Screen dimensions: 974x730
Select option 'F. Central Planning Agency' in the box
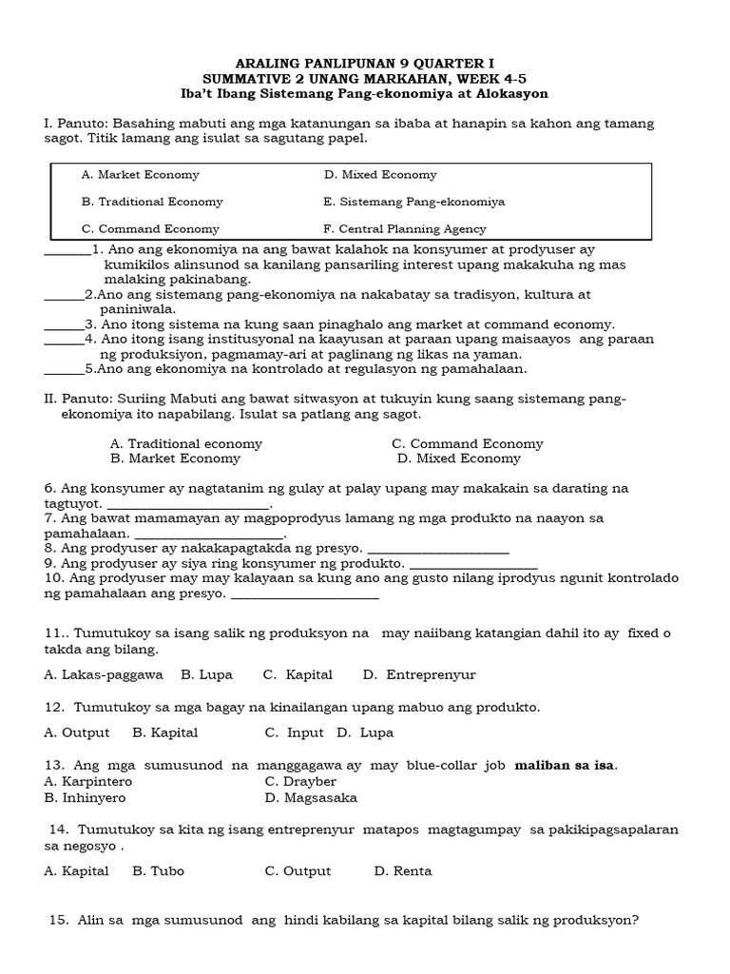[x=405, y=229]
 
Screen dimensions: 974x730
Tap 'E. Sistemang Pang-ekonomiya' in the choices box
[x=414, y=202]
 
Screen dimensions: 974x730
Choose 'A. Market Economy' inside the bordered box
[x=141, y=175]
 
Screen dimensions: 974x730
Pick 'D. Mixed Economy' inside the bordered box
[x=380, y=175]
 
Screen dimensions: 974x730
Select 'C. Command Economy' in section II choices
[x=467, y=444]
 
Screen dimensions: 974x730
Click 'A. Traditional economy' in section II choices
[x=186, y=444]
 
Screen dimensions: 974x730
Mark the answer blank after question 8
[x=437, y=551]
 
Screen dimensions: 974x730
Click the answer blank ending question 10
[x=305, y=596]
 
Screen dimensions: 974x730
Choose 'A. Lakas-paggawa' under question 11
[x=103, y=675]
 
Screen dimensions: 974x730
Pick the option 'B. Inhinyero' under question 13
[x=85, y=798]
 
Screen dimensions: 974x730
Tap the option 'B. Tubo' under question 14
[x=158, y=871]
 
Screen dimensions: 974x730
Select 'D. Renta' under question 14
[x=403, y=871]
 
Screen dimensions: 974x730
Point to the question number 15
[x=57, y=921]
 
